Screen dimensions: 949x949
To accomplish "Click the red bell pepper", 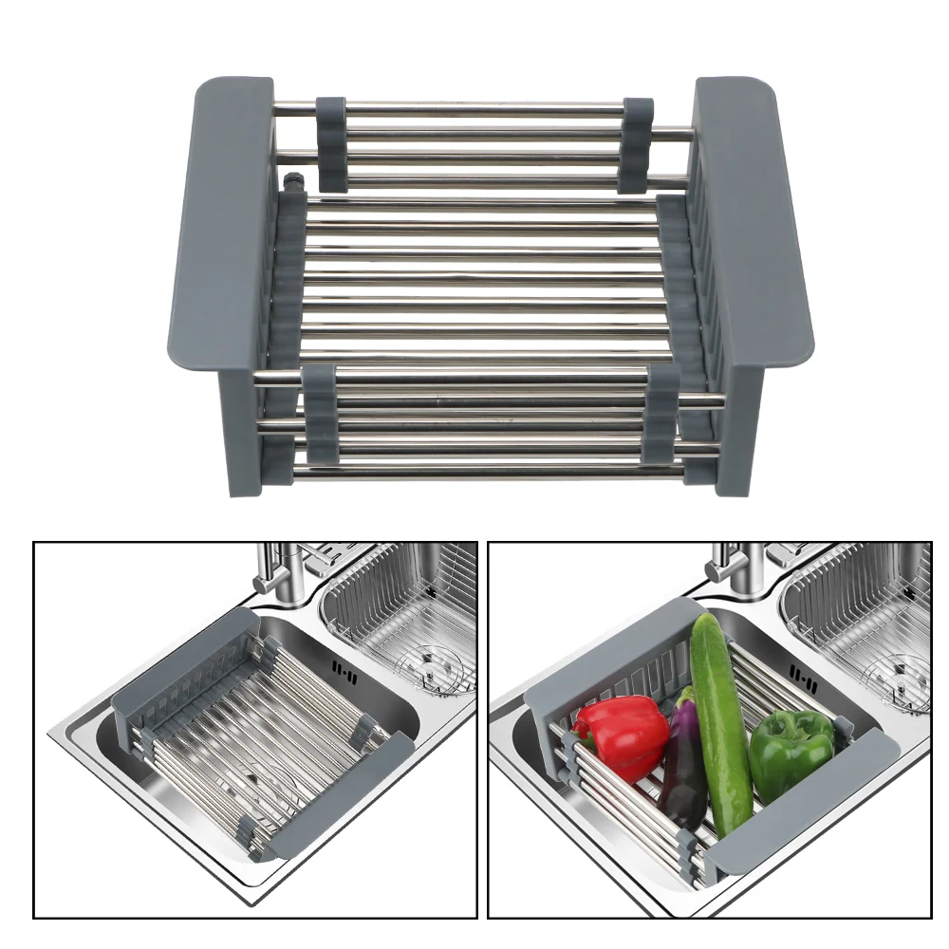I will pos(622,735).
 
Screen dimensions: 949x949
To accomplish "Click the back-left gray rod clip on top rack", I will pos(331,142).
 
